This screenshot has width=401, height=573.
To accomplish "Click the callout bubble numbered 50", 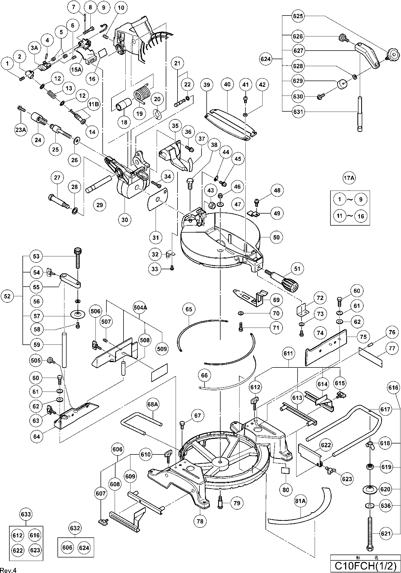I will coord(276,237).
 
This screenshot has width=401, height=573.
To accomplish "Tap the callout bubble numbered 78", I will coord(200,521).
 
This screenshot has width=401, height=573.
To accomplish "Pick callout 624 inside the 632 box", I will coord(84,548).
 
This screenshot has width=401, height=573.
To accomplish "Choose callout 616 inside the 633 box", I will coord(35,535).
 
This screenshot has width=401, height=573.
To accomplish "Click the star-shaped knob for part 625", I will coord(393,56).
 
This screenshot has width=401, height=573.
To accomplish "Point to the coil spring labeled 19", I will coord(142,94).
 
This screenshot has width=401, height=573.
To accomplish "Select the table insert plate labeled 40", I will coord(231,123).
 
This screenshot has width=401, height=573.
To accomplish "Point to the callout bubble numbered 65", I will coord(189,309).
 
